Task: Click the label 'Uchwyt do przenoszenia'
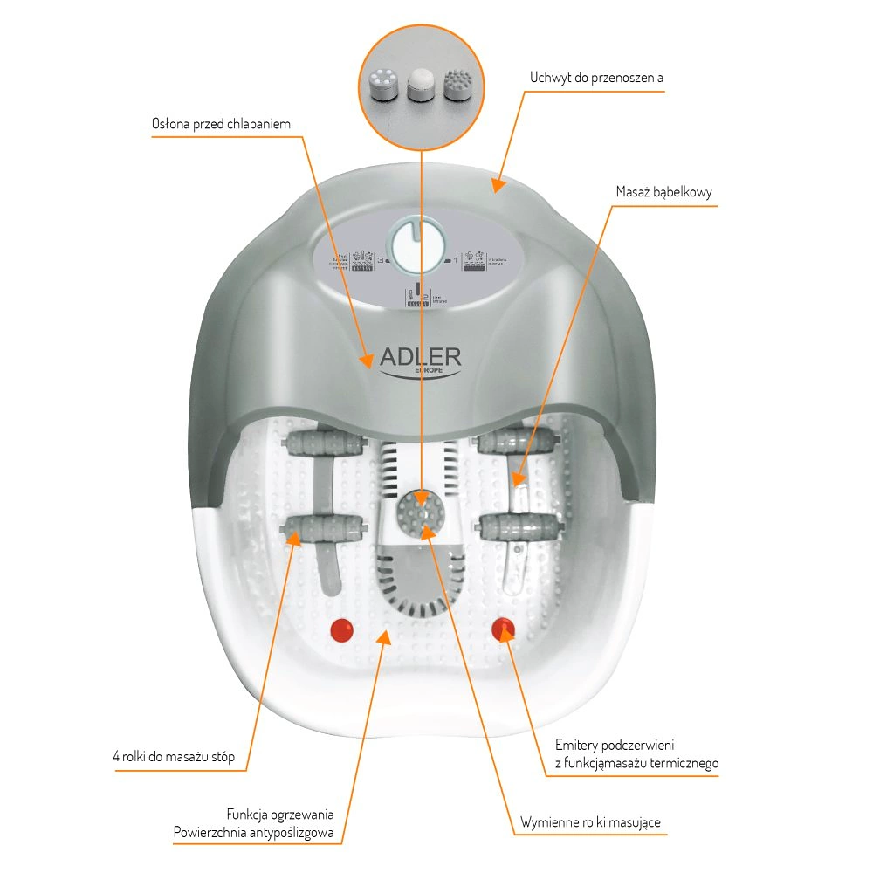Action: [x=596, y=78]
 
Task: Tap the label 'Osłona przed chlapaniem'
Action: [x=221, y=124]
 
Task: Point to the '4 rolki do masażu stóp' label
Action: [x=174, y=756]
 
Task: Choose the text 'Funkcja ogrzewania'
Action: [x=279, y=814]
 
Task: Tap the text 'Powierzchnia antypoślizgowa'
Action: [x=254, y=833]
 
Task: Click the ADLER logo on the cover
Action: [x=421, y=359]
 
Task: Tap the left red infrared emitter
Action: [x=340, y=629]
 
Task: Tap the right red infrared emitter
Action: [x=503, y=629]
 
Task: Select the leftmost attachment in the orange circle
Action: [x=383, y=86]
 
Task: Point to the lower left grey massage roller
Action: [x=323, y=526]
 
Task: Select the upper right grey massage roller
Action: [x=517, y=441]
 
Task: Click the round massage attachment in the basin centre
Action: [x=420, y=511]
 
